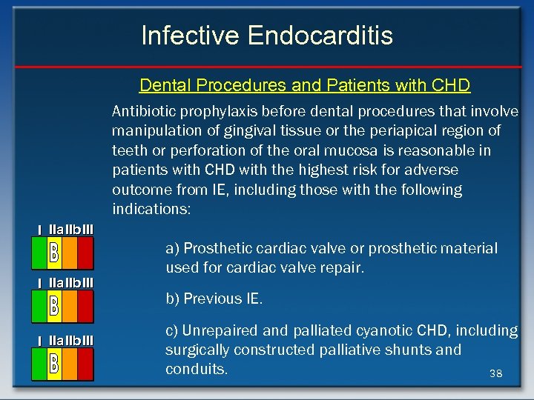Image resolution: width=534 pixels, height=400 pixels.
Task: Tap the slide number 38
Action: point(495,374)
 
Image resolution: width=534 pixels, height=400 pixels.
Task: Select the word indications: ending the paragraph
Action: point(151,210)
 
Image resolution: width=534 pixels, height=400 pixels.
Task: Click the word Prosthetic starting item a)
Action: point(216,248)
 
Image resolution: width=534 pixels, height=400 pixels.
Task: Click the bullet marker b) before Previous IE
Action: point(172,299)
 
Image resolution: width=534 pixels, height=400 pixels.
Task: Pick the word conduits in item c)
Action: point(194,369)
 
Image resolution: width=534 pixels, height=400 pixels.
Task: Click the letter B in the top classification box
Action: point(53,253)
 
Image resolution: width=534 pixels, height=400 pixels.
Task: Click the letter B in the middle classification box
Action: point(53,305)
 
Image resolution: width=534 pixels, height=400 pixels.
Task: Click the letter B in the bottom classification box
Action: point(53,363)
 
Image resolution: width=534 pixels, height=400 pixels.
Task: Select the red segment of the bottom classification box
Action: point(85,363)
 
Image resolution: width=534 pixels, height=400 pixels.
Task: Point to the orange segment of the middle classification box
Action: point(69,305)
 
